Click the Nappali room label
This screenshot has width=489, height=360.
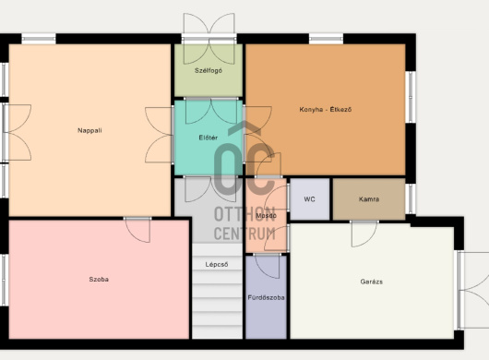89,130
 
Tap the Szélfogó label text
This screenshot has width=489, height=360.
209,70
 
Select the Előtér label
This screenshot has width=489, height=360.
208,138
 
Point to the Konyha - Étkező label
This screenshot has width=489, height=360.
326,110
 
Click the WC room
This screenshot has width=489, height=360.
309,199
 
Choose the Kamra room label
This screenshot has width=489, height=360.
369,199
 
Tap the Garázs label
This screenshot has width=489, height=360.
372,282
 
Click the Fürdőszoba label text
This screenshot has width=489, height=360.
266,297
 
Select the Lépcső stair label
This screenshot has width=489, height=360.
217,265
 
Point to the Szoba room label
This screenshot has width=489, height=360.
99,279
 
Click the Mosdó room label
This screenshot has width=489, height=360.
266,216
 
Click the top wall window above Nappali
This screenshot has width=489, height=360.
39,39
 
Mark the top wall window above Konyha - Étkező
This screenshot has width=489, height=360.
326,39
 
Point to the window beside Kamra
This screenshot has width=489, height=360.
411,198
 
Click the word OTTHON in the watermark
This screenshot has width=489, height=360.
244,214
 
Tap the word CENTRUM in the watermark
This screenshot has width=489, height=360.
244,234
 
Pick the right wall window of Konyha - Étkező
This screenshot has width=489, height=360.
411,97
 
